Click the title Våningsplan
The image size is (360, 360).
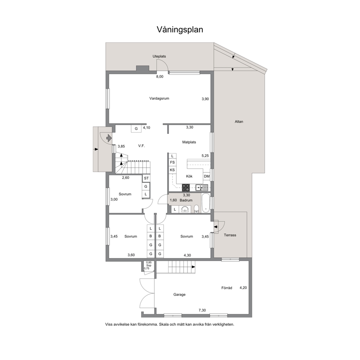[180, 30]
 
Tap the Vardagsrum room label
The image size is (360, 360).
[159, 98]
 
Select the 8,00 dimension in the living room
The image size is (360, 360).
[160, 77]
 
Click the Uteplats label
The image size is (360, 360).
[159, 57]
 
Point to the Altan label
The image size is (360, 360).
[239, 122]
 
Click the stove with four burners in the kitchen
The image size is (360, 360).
[186, 188]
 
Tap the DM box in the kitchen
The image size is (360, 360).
[206, 176]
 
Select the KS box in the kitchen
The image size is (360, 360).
[172, 170]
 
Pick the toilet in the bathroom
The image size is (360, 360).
[197, 209]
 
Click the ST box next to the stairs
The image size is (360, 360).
[146, 179]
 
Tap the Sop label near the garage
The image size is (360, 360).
[149, 265]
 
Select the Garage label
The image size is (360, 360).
[179, 295]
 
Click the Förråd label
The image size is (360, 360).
[226, 288]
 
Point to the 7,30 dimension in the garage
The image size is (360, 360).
[202, 310]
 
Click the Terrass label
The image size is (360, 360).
[230, 235]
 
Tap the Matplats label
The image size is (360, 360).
[189, 142]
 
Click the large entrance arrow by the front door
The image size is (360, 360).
[109, 138]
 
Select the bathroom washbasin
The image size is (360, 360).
[185, 209]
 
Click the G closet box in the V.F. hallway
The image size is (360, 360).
[136, 128]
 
